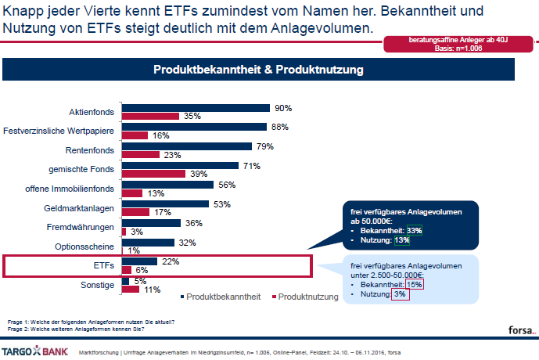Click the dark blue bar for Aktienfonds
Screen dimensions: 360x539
point(196,108)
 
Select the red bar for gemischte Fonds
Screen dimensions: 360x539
point(153,174)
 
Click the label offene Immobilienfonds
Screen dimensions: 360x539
point(70,189)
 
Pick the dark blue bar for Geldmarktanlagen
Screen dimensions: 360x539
point(165,204)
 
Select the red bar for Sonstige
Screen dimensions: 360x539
point(131,290)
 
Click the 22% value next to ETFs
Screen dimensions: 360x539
point(169,261)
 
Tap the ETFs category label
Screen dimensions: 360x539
point(104,265)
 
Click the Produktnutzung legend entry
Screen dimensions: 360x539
point(307,297)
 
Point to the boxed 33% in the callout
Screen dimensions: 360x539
point(414,230)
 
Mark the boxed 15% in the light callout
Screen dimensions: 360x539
point(415,284)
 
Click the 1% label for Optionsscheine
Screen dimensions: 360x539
point(134,250)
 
